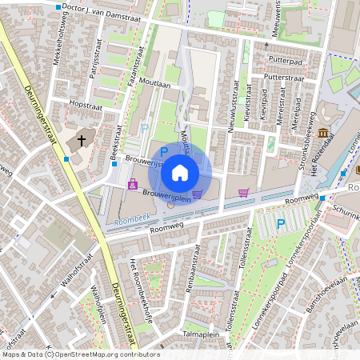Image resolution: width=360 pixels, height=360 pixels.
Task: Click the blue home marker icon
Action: pyautogui.click(x=180, y=172)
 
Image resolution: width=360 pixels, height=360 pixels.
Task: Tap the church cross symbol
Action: pyautogui.click(x=81, y=141)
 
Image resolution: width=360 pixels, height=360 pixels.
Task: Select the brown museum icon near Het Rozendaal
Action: pyautogui.click(x=322, y=133)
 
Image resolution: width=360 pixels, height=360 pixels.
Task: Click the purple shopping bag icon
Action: pyautogui.click(x=132, y=185)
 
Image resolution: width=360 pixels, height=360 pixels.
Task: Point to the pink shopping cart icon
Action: pyautogui.click(x=244, y=192)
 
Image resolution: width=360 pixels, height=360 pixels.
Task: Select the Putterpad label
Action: pyautogui.click(x=286, y=58)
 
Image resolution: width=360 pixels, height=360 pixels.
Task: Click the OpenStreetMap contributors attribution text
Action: pyautogui.click(x=80, y=354)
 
